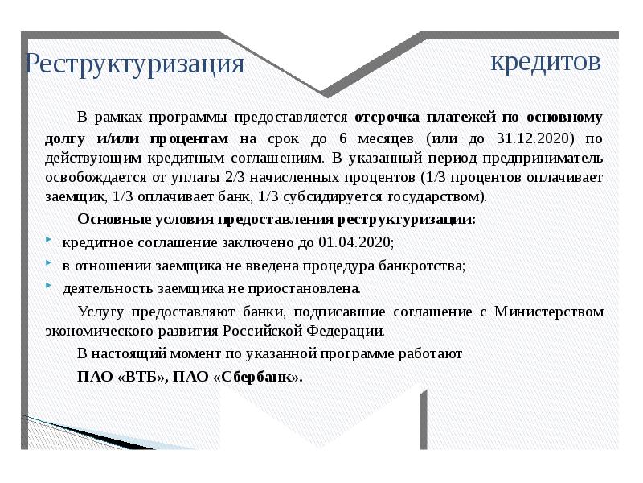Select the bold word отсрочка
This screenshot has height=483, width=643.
click(x=385, y=118)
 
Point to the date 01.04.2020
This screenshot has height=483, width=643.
click(x=354, y=242)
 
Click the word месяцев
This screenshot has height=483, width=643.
click(x=386, y=138)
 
